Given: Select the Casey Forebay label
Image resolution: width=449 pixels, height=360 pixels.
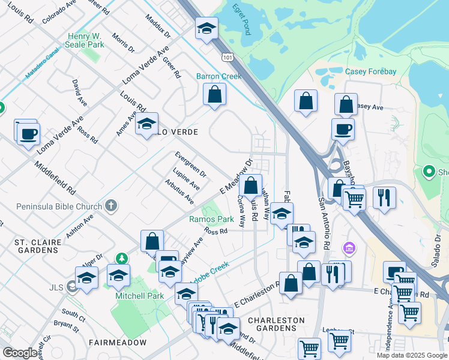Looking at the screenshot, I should [370, 71].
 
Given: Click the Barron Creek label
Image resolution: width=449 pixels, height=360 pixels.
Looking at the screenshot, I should [218, 76].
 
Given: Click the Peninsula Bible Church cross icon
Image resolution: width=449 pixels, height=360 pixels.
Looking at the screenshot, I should [110, 206].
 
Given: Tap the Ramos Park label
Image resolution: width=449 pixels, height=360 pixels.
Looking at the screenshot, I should [211, 219].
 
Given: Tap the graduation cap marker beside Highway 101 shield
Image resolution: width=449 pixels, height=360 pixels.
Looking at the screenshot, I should [206, 28].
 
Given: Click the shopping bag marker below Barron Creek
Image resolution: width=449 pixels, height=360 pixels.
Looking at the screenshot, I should [214, 94].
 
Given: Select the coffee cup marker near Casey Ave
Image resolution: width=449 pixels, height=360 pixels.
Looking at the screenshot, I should [343, 128].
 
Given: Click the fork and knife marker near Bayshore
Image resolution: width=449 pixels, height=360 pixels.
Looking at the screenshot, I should [384, 197].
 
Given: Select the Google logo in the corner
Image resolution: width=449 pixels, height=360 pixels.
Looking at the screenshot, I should [20, 353].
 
